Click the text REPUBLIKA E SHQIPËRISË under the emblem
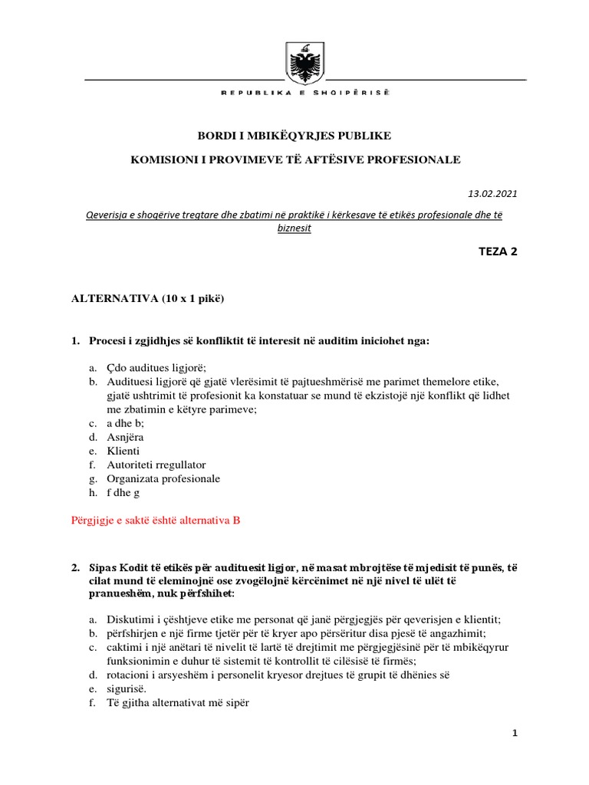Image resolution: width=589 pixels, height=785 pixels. (x=305, y=92)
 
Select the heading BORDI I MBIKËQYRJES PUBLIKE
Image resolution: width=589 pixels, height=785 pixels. (x=294, y=136)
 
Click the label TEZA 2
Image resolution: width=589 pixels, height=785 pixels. (x=499, y=251)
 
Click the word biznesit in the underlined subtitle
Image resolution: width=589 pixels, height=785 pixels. (x=294, y=228)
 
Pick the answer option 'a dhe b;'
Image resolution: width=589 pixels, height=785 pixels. (x=125, y=422)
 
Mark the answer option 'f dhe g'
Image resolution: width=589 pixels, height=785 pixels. (x=123, y=492)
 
